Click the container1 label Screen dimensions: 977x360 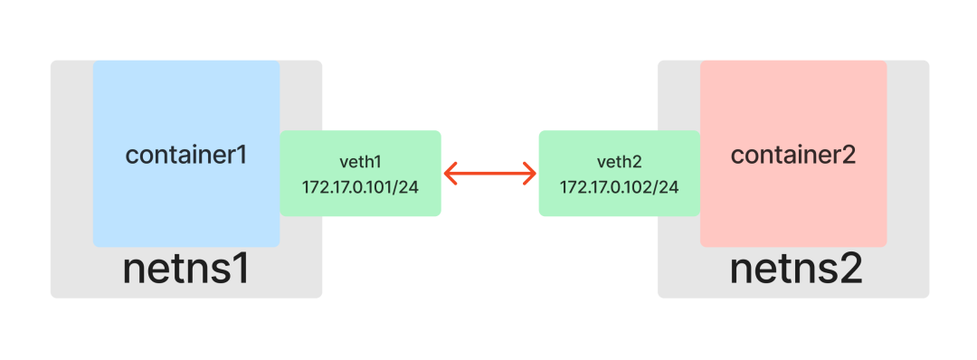186,155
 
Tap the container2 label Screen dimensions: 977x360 793,155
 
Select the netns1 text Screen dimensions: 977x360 185,269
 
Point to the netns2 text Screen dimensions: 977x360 796,269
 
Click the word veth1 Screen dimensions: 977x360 360,163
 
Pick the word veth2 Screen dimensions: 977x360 619,163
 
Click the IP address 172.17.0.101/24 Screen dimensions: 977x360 360,187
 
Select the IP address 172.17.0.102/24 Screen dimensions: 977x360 620,187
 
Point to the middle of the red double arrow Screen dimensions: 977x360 489,173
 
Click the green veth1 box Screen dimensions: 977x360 360,173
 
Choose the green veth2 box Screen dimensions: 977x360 620,173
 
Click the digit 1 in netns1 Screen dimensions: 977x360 241,269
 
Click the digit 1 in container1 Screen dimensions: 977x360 242,155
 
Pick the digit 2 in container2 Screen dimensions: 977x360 849,155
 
